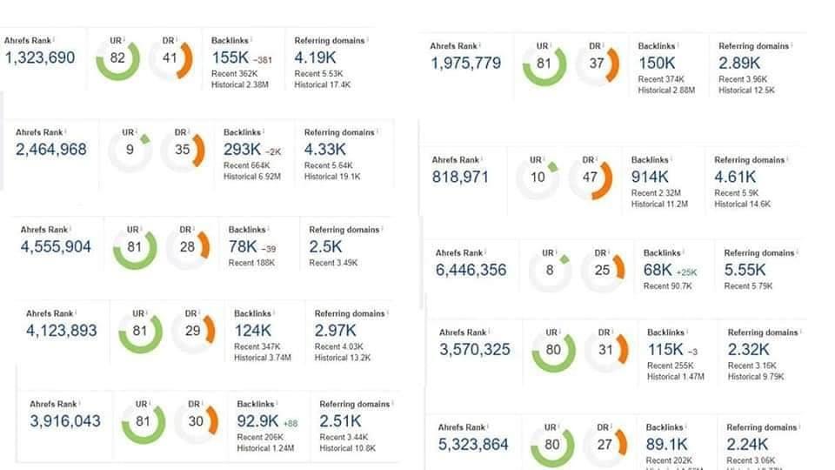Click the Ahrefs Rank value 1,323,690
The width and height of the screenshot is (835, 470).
click(x=40, y=58)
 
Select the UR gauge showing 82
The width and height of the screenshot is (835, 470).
click(x=117, y=58)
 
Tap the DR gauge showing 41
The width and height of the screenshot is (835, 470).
click(x=170, y=58)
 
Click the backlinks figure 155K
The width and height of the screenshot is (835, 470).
click(x=230, y=58)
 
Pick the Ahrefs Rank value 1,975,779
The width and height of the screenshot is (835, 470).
click(x=465, y=64)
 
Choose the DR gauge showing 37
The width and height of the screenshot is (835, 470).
click(x=597, y=64)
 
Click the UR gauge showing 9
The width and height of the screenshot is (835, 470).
click(x=130, y=150)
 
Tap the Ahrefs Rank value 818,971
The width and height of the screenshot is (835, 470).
click(x=460, y=177)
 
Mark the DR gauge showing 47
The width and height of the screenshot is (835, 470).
click(x=591, y=178)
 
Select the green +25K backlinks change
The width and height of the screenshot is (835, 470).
click(x=687, y=272)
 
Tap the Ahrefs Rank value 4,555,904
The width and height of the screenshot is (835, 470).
click(x=56, y=247)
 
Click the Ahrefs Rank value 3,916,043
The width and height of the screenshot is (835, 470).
click(x=65, y=421)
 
